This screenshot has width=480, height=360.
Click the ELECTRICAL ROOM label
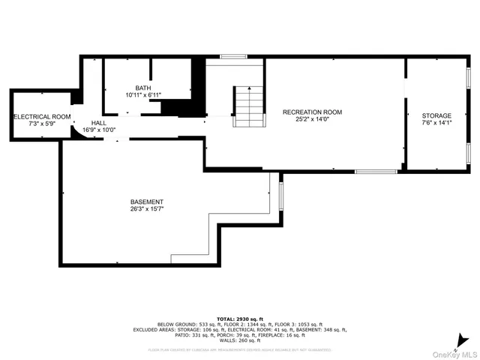pyautogui.click(x=42, y=117)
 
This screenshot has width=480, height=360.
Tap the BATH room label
pyautogui.click(x=142, y=87)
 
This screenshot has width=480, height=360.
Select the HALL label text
pyautogui.click(x=99, y=122)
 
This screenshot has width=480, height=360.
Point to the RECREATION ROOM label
pyautogui.click(x=312, y=112)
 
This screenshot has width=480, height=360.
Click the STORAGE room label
pyautogui.click(x=436, y=116)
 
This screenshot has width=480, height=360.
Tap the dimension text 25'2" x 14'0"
pyautogui.click(x=312, y=120)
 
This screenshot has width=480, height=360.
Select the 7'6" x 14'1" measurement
pyautogui.click(x=436, y=124)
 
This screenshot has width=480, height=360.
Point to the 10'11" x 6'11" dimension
pyautogui.click(x=142, y=94)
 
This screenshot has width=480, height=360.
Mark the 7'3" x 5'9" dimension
pyautogui.click(x=42, y=124)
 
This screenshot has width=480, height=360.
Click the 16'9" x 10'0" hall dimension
pyautogui.click(x=99, y=130)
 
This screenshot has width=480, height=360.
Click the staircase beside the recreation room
pyautogui.click(x=248, y=107)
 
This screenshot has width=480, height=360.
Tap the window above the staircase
pyautogui.click(x=234, y=55)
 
